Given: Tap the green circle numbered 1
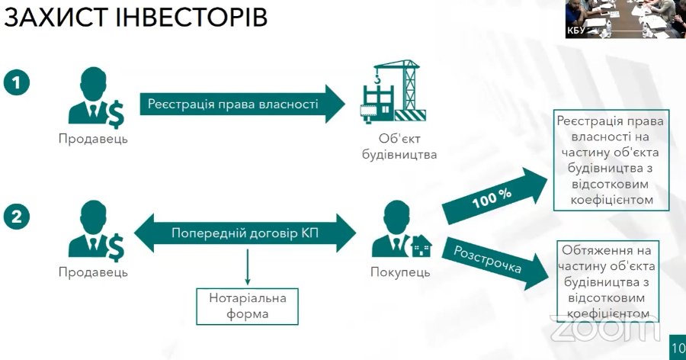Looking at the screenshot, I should (16, 82).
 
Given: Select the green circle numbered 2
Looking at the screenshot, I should (16, 216).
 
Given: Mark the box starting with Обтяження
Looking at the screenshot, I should (607, 281).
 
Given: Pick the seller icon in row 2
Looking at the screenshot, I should (95, 230).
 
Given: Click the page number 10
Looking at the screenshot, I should (678, 348).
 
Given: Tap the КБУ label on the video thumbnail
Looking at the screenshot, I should (577, 31).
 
